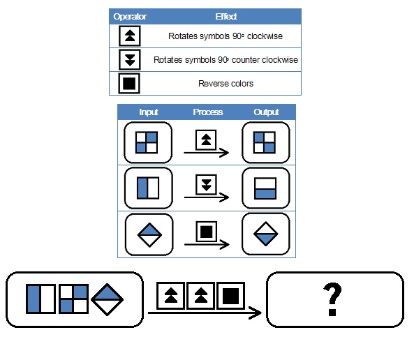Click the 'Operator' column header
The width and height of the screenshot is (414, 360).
pyautogui.click(x=130, y=17)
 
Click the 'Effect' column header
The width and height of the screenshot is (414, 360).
pyautogui.click(x=226, y=17)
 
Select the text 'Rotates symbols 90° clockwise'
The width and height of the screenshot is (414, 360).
pyautogui.click(x=226, y=36)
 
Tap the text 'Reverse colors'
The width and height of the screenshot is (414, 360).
pyautogui.click(x=226, y=84)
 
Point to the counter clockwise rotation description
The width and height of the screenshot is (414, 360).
pyautogui.click(x=226, y=60)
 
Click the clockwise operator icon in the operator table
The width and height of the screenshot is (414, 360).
pyautogui.click(x=130, y=36)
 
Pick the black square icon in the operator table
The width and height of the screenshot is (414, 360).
pyautogui.click(x=129, y=84)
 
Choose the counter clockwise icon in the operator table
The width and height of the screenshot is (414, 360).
pyautogui.click(x=130, y=59)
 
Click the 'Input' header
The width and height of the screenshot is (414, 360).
pyautogui.click(x=149, y=112)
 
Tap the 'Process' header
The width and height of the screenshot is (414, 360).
pyautogui.click(x=208, y=112)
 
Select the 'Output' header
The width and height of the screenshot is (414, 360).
pyautogui.click(x=266, y=112)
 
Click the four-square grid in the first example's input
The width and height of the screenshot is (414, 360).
pyautogui.click(x=147, y=142)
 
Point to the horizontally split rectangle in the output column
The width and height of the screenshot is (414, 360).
pyautogui.click(x=265, y=188)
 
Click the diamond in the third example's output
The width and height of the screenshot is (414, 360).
pyautogui.click(x=265, y=234)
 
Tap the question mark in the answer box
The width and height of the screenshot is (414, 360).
pyautogui.click(x=332, y=299)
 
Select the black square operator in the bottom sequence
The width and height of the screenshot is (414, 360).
pyautogui.click(x=231, y=296)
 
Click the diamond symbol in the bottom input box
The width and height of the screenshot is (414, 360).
pyautogui.click(x=107, y=299)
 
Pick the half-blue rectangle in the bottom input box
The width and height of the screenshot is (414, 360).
pyautogui.click(x=40, y=299)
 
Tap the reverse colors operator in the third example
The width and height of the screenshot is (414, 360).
pyautogui.click(x=207, y=232)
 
